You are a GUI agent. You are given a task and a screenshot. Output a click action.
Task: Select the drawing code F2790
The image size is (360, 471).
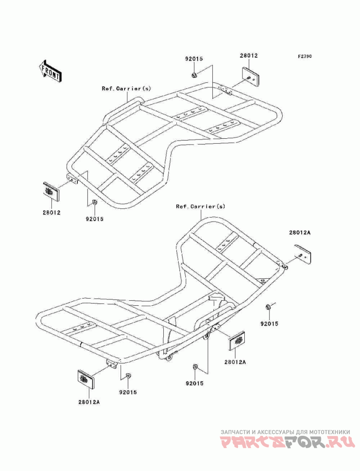[305, 57]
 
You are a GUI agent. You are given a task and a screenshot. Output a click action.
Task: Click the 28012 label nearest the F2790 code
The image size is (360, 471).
[248, 56]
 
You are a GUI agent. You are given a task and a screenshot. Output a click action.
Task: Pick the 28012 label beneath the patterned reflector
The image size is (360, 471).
[53, 212]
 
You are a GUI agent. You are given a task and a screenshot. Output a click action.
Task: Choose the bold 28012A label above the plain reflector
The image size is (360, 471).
[300, 233]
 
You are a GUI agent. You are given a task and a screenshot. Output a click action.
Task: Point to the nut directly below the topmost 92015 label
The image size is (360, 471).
[193, 74]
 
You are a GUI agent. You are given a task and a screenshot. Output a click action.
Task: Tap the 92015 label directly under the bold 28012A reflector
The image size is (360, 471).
[269, 324]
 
